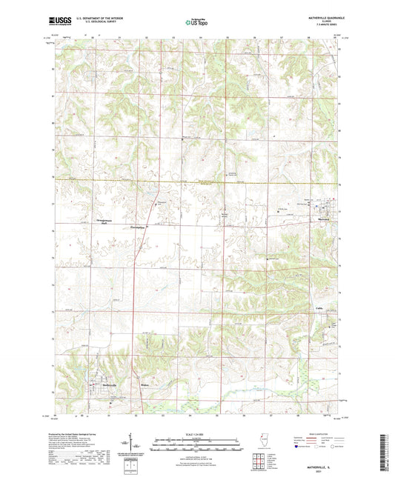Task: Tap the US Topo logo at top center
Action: tap(196, 23)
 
